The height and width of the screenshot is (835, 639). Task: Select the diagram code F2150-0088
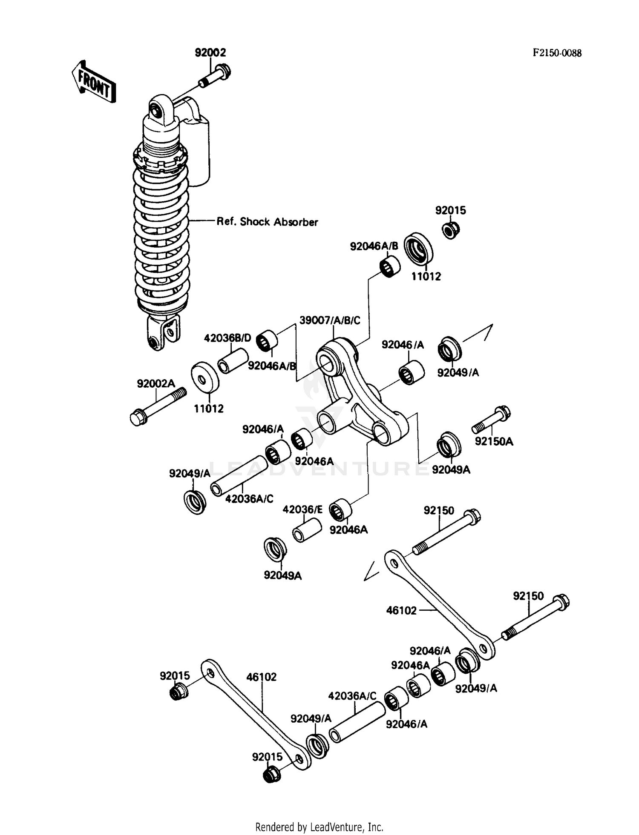point(557,53)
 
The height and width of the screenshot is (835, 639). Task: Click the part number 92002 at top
point(210,52)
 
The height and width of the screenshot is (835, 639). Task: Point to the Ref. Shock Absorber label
point(267,222)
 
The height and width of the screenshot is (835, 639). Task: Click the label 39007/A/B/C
point(329,320)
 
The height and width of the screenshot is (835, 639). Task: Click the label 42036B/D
point(227,338)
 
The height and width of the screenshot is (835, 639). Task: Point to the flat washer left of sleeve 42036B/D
point(205,377)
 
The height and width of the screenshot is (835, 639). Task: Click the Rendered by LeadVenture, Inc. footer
point(319,827)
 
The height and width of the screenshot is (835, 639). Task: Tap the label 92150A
point(494,441)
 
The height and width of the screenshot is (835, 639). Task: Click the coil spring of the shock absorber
point(161,238)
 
